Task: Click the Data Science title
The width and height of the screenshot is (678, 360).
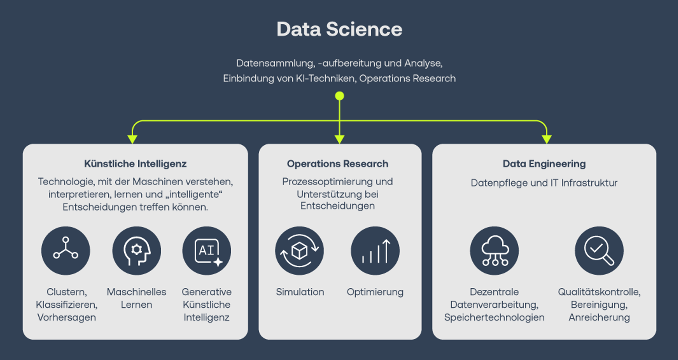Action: click(339, 29)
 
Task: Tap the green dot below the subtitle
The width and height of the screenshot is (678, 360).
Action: click(339, 96)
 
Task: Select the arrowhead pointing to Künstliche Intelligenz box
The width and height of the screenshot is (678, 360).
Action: click(132, 139)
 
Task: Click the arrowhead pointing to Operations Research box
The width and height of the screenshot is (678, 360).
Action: click(339, 139)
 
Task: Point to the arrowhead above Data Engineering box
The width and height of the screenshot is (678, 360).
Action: click(547, 139)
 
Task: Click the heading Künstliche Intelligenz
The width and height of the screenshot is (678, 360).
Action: click(135, 164)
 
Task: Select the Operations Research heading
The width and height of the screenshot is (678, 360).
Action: click(338, 164)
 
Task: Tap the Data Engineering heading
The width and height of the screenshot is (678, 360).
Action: click(544, 164)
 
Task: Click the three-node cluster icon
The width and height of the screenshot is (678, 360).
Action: click(66, 250)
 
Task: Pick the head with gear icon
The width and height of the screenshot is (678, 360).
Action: click(136, 250)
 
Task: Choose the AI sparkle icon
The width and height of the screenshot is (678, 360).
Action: click(206, 250)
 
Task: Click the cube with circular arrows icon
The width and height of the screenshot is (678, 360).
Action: click(299, 250)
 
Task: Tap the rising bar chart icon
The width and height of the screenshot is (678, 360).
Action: click(375, 250)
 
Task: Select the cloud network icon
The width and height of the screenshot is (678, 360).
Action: click(494, 250)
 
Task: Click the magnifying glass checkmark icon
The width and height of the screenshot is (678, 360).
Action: click(599, 250)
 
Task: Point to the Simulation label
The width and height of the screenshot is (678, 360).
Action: click(300, 292)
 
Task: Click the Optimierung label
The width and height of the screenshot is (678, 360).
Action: click(375, 292)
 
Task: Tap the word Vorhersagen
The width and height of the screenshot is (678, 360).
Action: click(66, 317)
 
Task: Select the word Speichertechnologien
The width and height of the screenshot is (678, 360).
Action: click(494, 317)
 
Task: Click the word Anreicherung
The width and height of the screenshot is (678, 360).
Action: click(599, 317)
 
